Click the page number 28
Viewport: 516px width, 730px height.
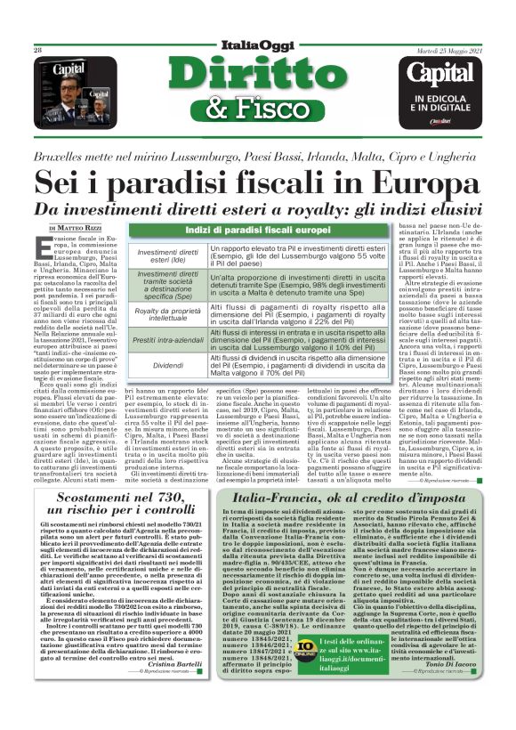click(x=38, y=51)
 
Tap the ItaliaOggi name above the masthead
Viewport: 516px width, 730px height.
click(x=258, y=45)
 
